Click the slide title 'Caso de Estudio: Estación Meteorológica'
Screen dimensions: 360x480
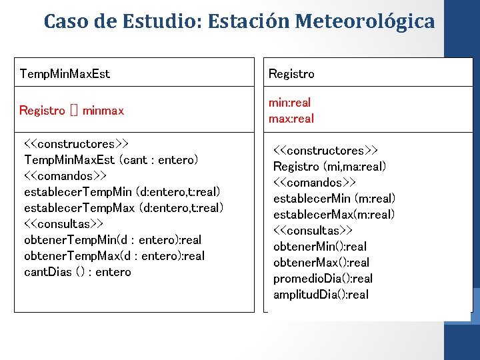pos(239,21)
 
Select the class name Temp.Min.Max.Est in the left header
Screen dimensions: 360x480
pos(65,73)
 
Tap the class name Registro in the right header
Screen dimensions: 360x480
pos(291,73)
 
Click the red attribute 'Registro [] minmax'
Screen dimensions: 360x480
pos(72,111)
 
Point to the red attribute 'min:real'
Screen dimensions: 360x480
pos(289,103)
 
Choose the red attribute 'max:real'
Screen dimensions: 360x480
pos(291,119)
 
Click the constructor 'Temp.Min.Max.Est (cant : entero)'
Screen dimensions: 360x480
pos(111,160)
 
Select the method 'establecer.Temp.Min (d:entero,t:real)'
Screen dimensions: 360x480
pos(122,192)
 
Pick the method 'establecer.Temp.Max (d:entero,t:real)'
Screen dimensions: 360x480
pos(123,208)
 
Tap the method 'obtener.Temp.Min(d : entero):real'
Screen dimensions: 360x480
pos(113,240)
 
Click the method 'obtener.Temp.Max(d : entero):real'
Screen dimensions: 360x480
pos(114,256)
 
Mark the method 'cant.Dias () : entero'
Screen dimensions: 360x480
pos(77,272)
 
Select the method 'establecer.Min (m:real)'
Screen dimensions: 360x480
pos(334,199)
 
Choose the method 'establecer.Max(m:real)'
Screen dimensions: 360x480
pos(334,215)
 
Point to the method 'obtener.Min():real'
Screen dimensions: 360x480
pos(320,247)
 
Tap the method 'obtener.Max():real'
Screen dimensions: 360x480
pos(321,263)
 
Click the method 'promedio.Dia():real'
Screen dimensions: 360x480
pos(323,279)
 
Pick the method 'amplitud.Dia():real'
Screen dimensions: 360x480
pos(321,295)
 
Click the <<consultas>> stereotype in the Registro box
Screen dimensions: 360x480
pos(313,231)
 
